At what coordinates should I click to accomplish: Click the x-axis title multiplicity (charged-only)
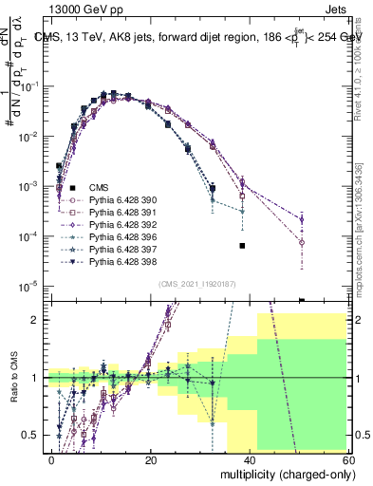284,472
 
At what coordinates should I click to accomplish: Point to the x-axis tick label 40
249,458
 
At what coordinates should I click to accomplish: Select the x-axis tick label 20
150,458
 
